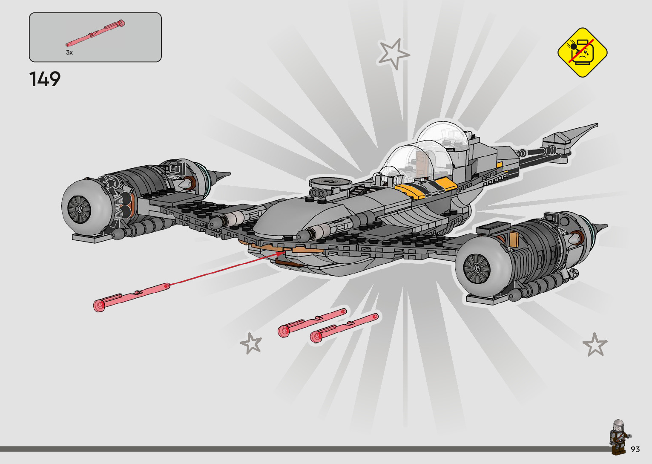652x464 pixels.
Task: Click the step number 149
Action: pyautogui.click(x=45, y=79)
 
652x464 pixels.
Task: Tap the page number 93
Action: pyautogui.click(x=635, y=450)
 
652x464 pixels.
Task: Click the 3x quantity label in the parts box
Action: pyautogui.click(x=69, y=52)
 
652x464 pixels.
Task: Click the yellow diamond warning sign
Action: pyautogui.click(x=582, y=52)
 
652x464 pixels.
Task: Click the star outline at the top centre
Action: pyautogui.click(x=393, y=54)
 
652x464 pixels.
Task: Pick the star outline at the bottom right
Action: pyautogui.click(x=595, y=345)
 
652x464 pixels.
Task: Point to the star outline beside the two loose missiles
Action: pyautogui.click(x=251, y=343)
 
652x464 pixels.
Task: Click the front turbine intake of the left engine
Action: pyautogui.click(x=79, y=209)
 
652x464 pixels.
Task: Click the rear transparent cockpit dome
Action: pyautogui.click(x=443, y=134)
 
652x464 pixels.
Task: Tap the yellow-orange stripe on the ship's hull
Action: pyautogui.click(x=426, y=187)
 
